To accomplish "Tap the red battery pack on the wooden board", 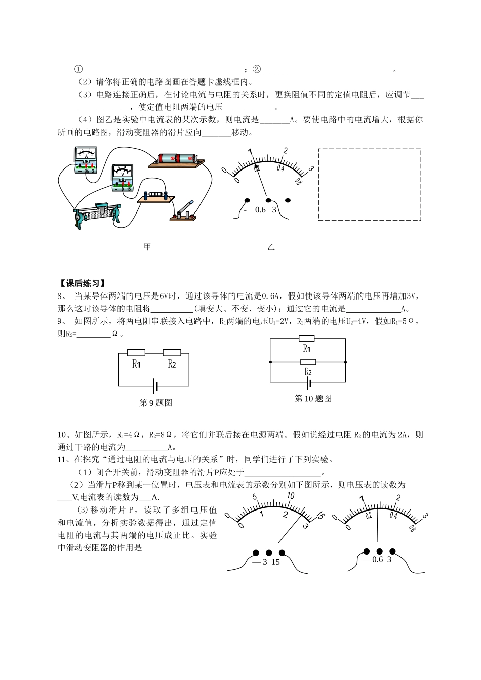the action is pyautogui.click(x=177, y=159).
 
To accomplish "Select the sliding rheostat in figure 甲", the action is pyautogui.click(x=98, y=214).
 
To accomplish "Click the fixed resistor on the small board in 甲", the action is pyautogui.click(x=154, y=194).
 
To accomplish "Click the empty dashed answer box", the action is pyautogui.click(x=369, y=185).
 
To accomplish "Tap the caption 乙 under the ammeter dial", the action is pyautogui.click(x=271, y=247).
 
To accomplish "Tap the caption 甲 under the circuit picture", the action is pyautogui.click(x=147, y=247).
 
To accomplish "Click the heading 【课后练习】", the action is pyautogui.click(x=82, y=283).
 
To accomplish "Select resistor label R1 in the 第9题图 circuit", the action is pyautogui.click(x=136, y=364).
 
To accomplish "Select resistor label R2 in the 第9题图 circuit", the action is pyautogui.click(x=172, y=364).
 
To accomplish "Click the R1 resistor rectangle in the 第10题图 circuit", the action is pyautogui.click(x=307, y=338).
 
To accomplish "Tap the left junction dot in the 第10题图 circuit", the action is pyautogui.click(x=270, y=362).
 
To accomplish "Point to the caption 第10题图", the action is pyautogui.click(x=313, y=399).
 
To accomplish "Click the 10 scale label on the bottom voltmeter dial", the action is pyautogui.click(x=290, y=495).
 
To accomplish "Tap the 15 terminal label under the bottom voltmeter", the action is pyautogui.click(x=275, y=562).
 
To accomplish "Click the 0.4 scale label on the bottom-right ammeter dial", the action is pyautogui.click(x=393, y=516).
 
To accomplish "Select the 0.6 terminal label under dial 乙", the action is pyautogui.click(x=260, y=210).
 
